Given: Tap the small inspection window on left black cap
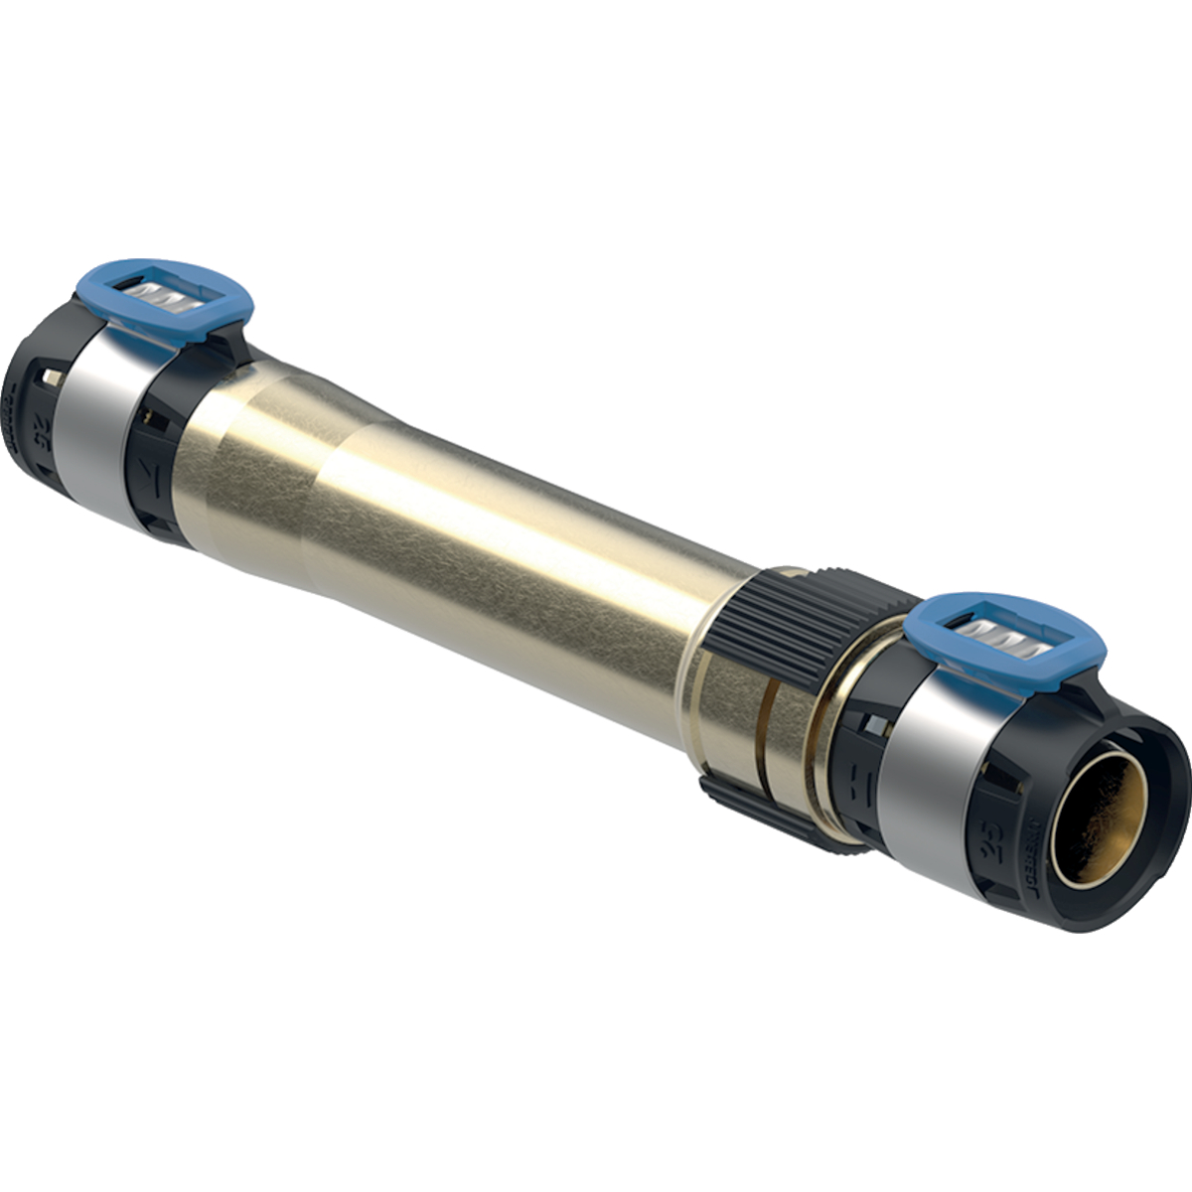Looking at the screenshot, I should (51, 376).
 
